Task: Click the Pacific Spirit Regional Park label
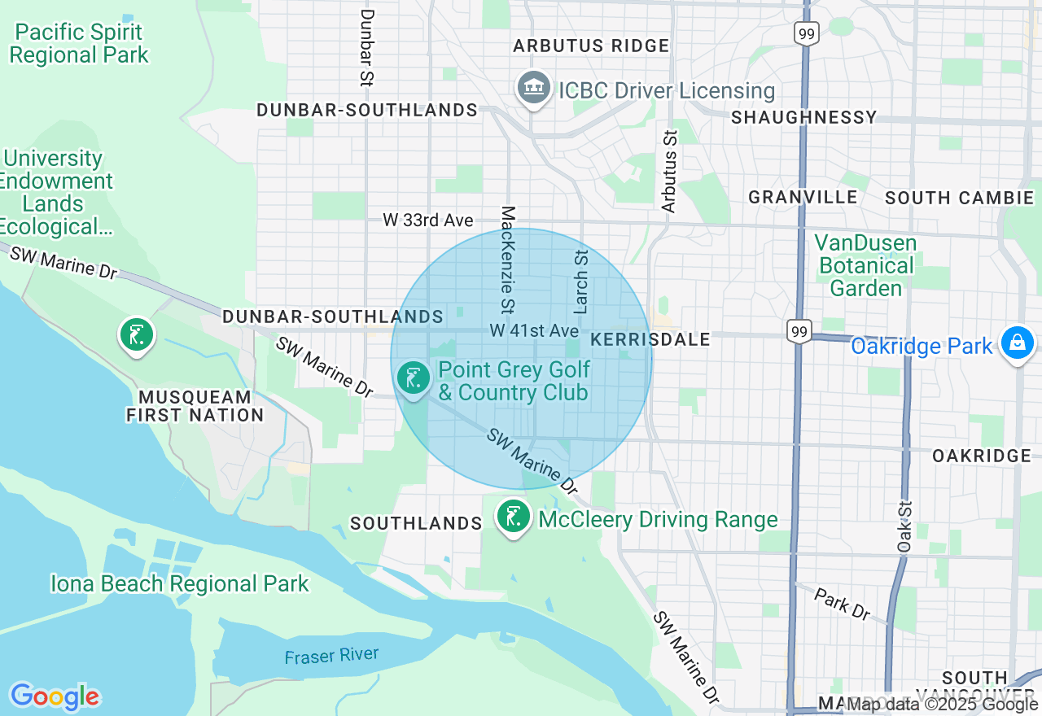79,44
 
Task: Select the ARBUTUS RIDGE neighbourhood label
591,46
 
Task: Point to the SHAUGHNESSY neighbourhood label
803,118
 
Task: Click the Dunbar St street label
366,48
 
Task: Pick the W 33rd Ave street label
428,220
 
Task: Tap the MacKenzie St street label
507,260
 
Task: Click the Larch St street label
581,282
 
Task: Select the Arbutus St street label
669,172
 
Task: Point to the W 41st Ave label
534,331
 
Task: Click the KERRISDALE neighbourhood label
650,339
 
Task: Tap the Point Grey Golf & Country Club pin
414,378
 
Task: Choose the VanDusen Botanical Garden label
865,265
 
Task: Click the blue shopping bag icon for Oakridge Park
1017,343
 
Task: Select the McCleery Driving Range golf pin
513,517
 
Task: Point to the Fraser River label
331,656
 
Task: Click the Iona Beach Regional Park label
180,584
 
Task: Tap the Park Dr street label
842,604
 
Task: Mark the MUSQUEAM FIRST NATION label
195,406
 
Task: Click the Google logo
55,696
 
